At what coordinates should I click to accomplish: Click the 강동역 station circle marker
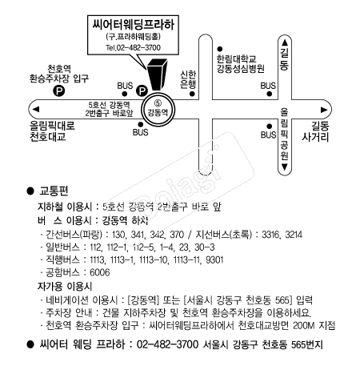point(158,110)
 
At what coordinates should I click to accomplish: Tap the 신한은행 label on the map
point(188,79)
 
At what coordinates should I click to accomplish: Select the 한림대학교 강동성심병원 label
point(240,64)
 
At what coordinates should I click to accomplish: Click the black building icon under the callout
point(157,74)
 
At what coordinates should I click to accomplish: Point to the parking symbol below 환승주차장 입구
point(58,91)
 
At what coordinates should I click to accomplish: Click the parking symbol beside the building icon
point(142,91)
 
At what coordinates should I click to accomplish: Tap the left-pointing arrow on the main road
point(35,109)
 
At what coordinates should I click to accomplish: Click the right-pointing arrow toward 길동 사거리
point(324,110)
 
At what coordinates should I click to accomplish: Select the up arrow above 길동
point(285,42)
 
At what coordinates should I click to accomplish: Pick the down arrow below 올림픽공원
point(285,167)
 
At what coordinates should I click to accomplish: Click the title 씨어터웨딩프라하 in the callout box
point(133,25)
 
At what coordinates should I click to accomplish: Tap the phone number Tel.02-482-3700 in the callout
point(133,48)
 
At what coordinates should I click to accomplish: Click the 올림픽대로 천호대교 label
point(52,131)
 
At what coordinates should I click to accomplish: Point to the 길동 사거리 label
point(315,131)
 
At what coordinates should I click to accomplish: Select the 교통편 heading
point(54,191)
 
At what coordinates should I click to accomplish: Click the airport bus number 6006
point(100,272)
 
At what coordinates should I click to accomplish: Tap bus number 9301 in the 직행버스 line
point(214,259)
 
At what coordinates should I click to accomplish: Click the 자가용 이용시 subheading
point(65,287)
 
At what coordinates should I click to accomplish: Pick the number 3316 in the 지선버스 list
point(271,235)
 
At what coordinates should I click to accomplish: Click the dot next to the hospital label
point(220,49)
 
